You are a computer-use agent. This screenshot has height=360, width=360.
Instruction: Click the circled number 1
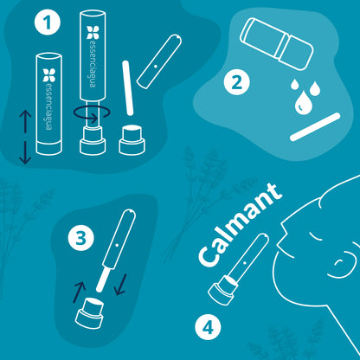(x=48, y=22)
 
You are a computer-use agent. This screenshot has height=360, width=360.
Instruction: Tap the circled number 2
(x=237, y=83)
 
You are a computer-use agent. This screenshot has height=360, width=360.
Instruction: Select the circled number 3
(x=81, y=238)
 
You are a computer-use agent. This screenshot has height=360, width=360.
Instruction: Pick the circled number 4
(x=208, y=327)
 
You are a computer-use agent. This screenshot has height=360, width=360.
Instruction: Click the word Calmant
(x=240, y=224)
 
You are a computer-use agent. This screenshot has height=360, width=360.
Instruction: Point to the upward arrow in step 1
(x=25, y=122)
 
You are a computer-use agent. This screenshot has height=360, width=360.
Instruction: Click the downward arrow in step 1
(x=25, y=152)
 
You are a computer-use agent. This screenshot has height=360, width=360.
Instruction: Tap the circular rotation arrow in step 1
(x=92, y=113)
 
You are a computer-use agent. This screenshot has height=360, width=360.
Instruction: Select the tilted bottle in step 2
(x=277, y=44)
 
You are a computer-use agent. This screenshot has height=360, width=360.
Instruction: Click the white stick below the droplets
(x=315, y=127)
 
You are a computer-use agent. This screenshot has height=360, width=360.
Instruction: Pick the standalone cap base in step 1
(x=132, y=139)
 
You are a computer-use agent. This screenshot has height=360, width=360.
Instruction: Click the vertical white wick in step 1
(x=128, y=88)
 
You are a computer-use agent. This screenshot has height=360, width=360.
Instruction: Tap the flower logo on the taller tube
(x=93, y=32)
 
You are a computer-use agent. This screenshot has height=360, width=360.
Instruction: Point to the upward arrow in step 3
(x=80, y=292)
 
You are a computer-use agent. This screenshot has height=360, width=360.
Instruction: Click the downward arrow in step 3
(x=121, y=285)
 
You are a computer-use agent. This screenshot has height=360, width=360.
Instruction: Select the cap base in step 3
(x=89, y=313)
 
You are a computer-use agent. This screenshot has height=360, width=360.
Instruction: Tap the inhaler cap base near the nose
(x=222, y=289)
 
